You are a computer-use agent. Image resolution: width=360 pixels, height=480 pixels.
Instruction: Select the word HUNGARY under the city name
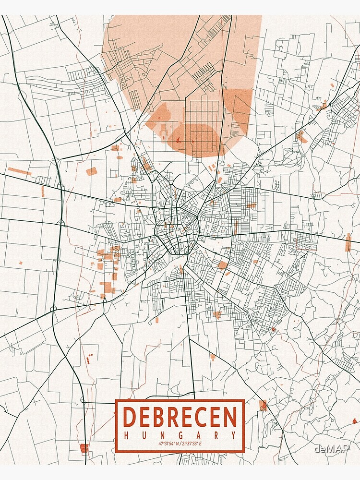(180, 435)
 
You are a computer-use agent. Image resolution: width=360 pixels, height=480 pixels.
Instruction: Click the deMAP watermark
(331, 449)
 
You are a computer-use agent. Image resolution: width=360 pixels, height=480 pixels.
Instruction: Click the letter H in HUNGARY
(126, 435)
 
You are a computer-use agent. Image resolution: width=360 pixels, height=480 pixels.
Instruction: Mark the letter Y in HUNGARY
(234, 435)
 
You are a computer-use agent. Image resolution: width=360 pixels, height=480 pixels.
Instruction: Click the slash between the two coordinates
(180, 444)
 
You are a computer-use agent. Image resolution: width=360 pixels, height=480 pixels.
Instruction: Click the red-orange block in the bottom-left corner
(84, 448)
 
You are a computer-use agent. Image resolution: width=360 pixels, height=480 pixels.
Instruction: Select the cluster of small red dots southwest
(89, 358)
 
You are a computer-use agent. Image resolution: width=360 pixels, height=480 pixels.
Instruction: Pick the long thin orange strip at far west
(19, 171)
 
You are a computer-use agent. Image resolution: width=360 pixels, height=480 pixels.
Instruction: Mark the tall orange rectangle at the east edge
(348, 242)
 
